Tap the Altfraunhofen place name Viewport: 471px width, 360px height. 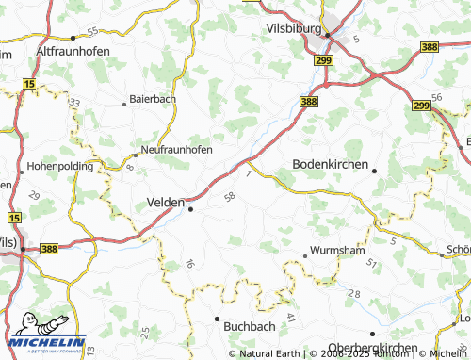click(x=73, y=50)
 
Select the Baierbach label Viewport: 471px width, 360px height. click(x=153, y=98)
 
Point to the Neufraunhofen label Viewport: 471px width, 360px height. click(x=176, y=150)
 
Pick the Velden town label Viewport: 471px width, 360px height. click(x=167, y=201)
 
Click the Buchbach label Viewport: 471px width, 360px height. click(x=250, y=324)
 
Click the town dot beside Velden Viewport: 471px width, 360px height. click(x=191, y=210)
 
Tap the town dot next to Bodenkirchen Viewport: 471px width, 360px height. click(x=375, y=171)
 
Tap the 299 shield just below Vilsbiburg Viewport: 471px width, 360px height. click(x=323, y=60)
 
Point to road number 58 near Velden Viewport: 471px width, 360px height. click(x=230, y=196)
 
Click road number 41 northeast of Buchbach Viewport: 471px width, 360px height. click(x=290, y=317)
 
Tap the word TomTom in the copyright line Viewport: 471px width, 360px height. click(x=377, y=353)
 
